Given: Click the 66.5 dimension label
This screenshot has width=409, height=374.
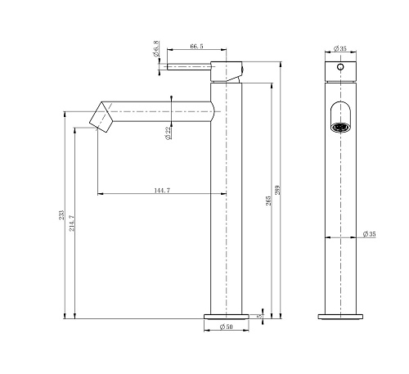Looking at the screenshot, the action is coord(196,46).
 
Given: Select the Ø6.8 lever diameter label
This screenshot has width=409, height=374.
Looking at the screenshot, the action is coord(156,48).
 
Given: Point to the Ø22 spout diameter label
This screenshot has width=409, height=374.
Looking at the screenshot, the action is coord(169,133).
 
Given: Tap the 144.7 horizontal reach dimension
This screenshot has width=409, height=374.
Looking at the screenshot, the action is coord(162,190).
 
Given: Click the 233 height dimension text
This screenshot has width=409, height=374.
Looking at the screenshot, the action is coord(61,215).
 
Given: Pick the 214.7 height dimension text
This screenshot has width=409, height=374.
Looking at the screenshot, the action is coord(72,223).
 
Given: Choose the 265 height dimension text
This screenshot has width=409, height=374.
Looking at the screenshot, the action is coord(268,201).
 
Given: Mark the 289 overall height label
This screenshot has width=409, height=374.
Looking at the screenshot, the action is coord(277,190).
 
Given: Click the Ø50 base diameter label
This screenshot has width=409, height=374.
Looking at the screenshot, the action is coord(227,327).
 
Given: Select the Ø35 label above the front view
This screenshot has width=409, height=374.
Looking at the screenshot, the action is coord(340,48).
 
